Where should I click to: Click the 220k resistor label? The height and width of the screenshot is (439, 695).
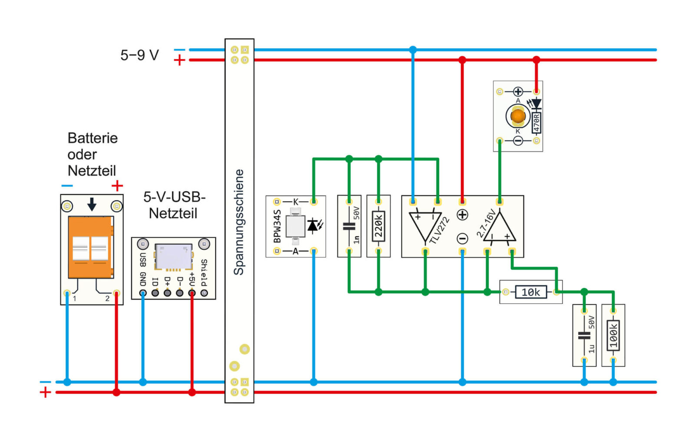[378, 226]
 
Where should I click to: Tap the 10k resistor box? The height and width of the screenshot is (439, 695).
[531, 292]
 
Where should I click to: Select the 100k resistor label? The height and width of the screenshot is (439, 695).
[613, 335]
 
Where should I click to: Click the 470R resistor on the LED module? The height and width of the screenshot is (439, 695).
[536, 123]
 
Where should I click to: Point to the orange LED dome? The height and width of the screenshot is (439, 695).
[518, 116]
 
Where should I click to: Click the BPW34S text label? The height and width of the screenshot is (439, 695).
[277, 226]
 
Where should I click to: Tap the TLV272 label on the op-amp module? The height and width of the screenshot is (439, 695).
[439, 230]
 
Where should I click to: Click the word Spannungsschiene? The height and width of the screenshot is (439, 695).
[238, 222]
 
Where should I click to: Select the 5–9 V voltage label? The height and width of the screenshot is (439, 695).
[139, 55]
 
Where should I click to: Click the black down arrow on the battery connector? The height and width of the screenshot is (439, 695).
[92, 204]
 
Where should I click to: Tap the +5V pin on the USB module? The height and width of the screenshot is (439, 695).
[192, 293]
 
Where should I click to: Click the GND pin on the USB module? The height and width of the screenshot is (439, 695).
[143, 293]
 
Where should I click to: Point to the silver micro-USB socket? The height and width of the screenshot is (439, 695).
[173, 256]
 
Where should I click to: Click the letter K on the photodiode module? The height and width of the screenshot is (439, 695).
[295, 202]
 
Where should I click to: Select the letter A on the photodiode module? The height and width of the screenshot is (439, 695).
[295, 251]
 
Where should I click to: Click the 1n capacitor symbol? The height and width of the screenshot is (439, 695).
[349, 226]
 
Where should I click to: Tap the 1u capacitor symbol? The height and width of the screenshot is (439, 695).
[584, 336]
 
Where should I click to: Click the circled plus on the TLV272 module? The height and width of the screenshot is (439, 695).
[462, 215]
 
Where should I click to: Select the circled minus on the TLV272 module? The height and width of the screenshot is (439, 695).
[462, 239]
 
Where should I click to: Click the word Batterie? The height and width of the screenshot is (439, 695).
[93, 138]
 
